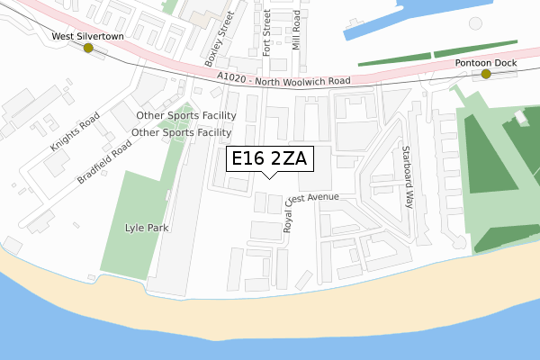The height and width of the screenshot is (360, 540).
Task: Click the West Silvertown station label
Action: point(87,36)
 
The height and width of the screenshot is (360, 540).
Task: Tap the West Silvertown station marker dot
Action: point(88,49)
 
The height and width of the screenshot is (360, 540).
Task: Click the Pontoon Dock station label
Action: point(485,62)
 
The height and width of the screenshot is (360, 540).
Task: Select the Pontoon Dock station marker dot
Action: point(486,74)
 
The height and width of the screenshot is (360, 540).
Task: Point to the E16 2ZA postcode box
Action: point(269,158)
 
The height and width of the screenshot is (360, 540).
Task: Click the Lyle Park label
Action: point(147,229)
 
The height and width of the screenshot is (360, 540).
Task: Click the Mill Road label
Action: point(296,36)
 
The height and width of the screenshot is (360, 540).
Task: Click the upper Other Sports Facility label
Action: point(186,115)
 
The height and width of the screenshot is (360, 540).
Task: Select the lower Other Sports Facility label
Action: point(182,132)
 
